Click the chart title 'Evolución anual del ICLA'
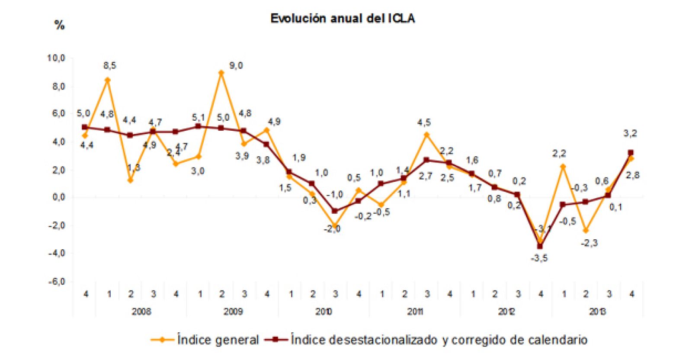pos(342,19)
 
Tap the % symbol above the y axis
pos(59,25)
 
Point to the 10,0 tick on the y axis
pos(56,58)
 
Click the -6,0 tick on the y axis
pos(56,282)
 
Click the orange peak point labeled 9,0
pos(221,73)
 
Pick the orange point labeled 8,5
pos(108,80)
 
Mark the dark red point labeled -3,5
pos(540,246)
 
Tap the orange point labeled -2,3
pos(586,231)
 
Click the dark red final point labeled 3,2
pos(631,153)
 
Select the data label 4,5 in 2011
pos(424,123)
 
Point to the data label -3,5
pos(539,258)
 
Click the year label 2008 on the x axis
pos(141,312)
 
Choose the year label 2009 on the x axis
pos(233,312)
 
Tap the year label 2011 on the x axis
pos(415,312)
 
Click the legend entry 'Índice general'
pos(218,340)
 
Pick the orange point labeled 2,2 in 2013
pos(563,167)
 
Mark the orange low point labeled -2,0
pos(335,226)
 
